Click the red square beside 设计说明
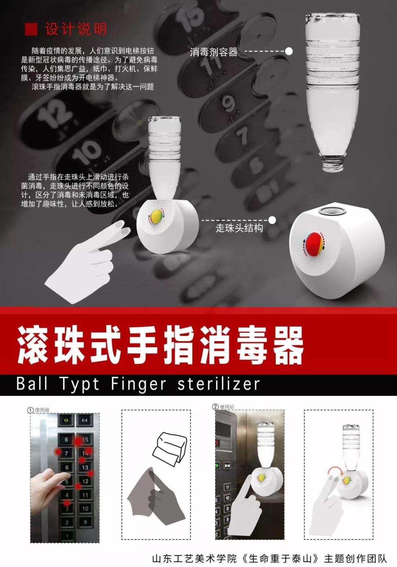click(31, 29)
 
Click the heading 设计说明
click(76, 29)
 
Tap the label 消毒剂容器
click(214, 52)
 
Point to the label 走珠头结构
click(239, 228)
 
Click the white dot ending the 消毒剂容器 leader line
click(289, 51)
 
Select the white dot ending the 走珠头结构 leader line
click(272, 220)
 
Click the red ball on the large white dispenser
click(314, 244)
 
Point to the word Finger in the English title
click(139, 384)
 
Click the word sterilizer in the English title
click(218, 384)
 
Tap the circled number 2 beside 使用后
click(215, 407)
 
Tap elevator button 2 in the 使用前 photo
click(67, 523)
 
